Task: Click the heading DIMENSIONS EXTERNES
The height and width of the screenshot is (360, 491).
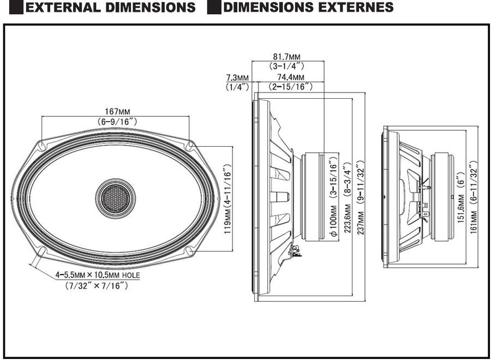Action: [308, 8]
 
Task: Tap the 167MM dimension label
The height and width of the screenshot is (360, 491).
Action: [116, 111]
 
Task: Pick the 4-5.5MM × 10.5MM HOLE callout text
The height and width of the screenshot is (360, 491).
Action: [97, 276]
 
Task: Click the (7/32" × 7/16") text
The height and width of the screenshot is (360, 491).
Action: [97, 286]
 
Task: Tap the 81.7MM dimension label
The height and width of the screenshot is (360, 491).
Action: [288, 57]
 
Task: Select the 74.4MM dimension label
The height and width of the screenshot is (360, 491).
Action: [291, 77]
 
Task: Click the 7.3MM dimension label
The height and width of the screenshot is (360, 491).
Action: [237, 77]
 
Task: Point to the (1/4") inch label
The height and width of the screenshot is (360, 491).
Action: [237, 86]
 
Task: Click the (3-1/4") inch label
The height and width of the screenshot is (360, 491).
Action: [288, 66]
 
